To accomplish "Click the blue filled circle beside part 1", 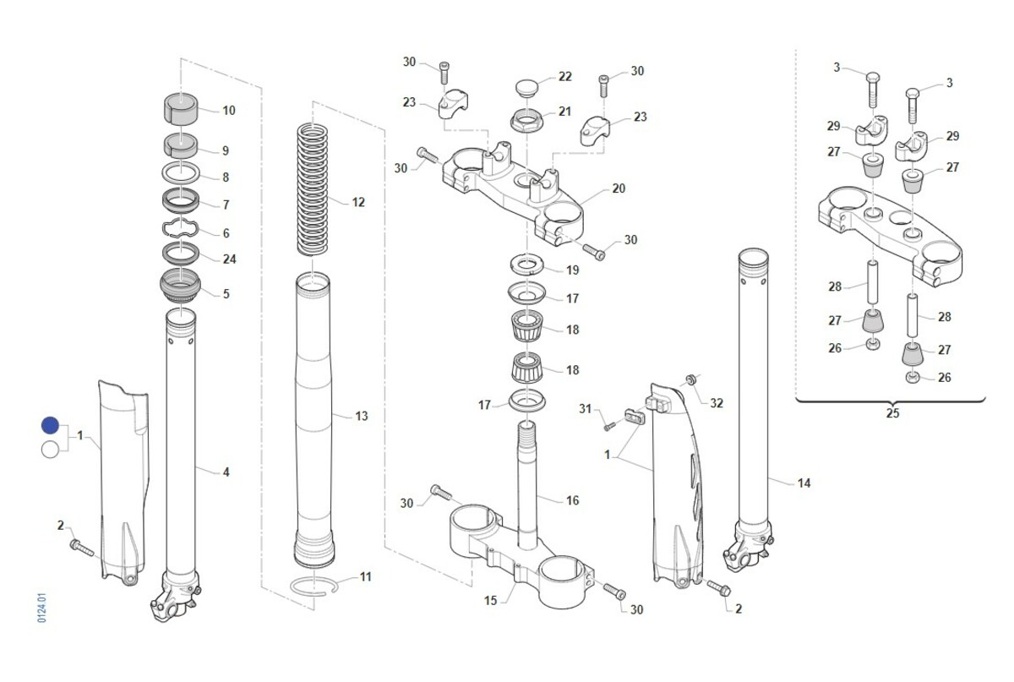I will [x=50, y=427].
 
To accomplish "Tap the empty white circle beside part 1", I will [x=50, y=449].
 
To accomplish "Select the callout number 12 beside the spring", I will [x=358, y=202].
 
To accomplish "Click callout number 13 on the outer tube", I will [x=361, y=416].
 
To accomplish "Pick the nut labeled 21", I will [x=529, y=119].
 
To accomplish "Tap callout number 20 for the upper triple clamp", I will [x=619, y=188].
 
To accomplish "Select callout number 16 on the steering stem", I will [x=572, y=500].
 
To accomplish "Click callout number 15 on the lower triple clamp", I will [x=490, y=601].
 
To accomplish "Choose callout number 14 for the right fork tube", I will [x=804, y=483].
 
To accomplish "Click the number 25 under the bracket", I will [x=892, y=414].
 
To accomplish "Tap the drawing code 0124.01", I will [x=41, y=608].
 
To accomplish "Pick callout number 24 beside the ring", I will [x=226, y=260].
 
